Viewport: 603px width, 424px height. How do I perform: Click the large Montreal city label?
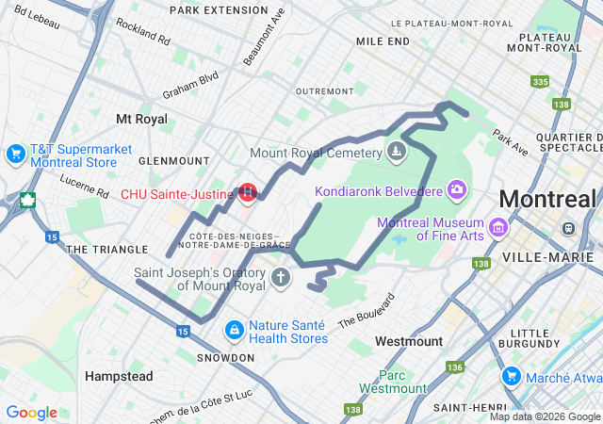[x=547, y=200]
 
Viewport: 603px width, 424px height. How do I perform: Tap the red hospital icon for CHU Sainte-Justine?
[x=248, y=193]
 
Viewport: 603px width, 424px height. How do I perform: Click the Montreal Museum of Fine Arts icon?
[x=497, y=228]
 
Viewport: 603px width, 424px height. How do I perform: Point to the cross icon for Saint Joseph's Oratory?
[x=280, y=278]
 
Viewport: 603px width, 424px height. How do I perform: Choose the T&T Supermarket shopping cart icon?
[x=15, y=153]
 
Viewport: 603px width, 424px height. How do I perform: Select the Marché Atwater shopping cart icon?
[x=512, y=377]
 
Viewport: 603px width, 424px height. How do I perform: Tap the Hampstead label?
[x=119, y=376]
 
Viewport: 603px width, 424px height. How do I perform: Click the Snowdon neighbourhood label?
[x=225, y=358]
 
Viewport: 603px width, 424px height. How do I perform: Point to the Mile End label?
[x=383, y=41]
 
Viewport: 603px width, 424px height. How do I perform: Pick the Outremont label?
[x=323, y=91]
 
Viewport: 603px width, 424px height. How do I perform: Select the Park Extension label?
[x=219, y=9]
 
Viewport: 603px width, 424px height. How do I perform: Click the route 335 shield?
[x=539, y=83]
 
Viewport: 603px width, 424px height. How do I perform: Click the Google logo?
[x=31, y=413]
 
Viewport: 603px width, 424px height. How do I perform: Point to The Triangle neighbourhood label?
[x=107, y=250]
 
